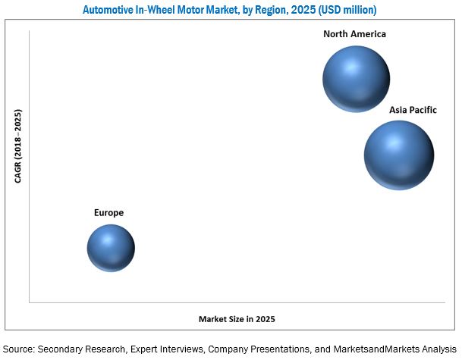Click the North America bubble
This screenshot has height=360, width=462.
356,79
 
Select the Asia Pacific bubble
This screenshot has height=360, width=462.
399,155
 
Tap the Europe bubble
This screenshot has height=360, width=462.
111,248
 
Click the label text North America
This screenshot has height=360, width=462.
354,34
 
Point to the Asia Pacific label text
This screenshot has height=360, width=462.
413,110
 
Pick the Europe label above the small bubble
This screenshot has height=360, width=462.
108,213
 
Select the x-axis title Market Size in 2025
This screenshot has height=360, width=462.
237,319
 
